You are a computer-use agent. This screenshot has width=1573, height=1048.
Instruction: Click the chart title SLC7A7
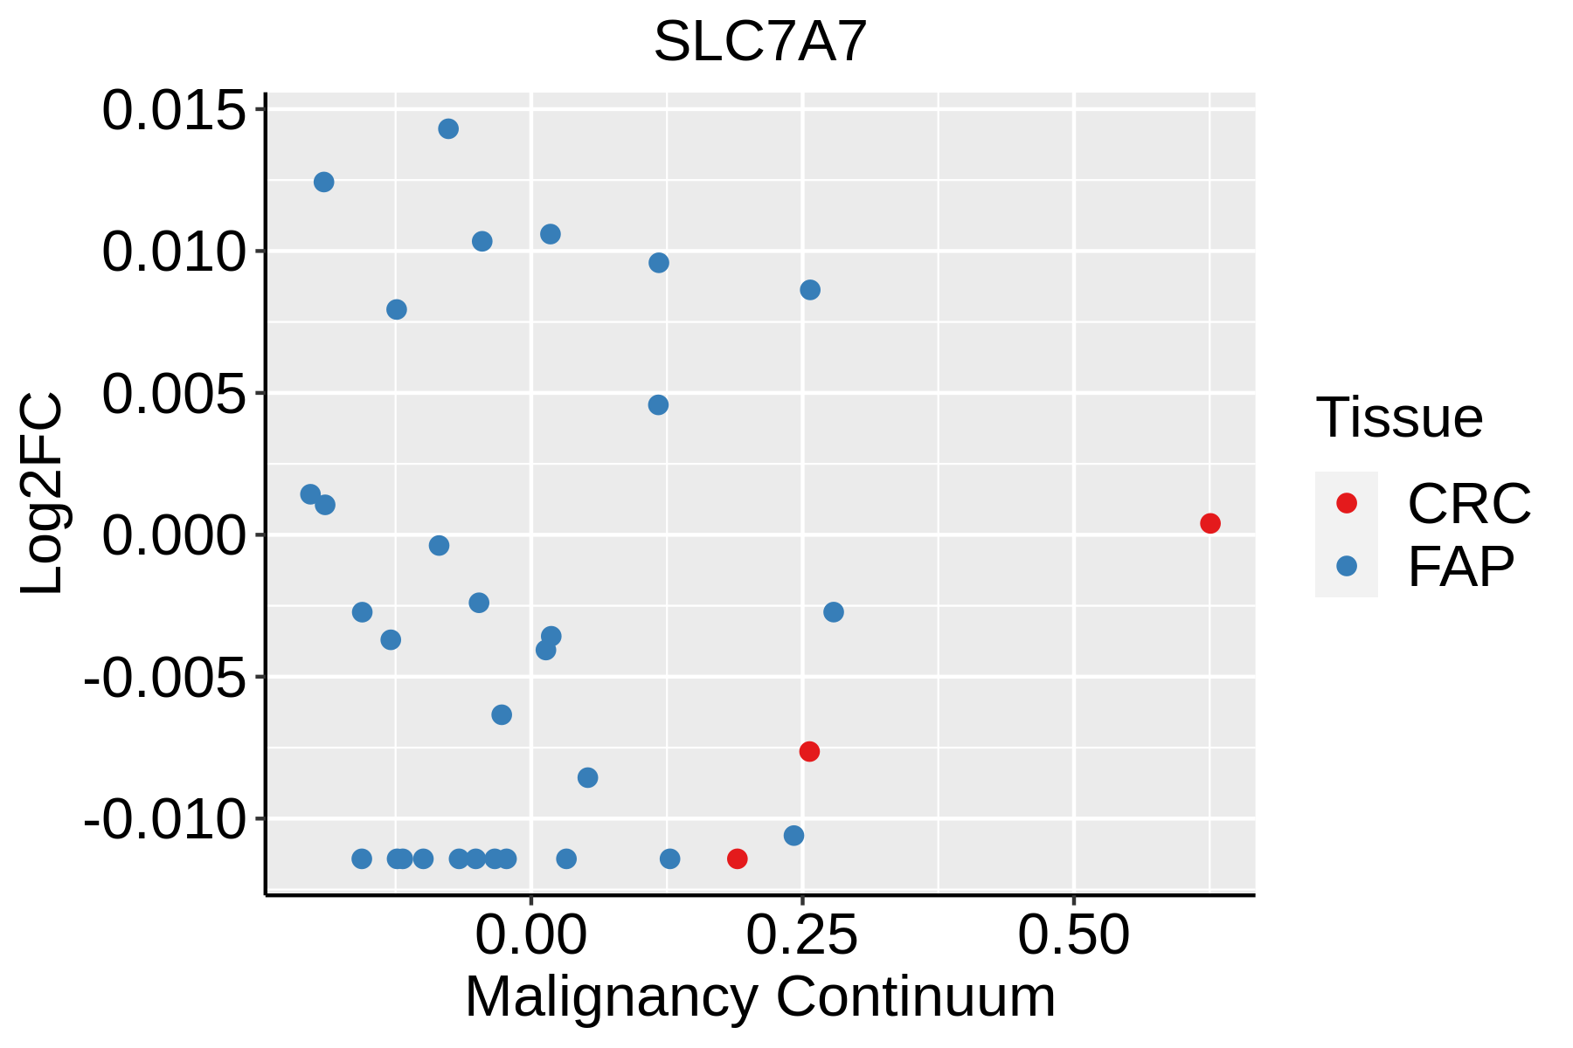click(760, 42)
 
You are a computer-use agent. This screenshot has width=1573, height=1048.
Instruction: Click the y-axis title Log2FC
click(42, 493)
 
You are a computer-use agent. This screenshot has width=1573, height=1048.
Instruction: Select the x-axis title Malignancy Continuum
click(760, 997)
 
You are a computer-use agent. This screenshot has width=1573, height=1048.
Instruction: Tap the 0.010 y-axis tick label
click(175, 252)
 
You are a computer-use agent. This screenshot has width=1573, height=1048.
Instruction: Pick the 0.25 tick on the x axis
click(801, 936)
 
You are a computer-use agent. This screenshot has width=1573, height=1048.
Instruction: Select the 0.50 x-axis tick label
click(1073, 936)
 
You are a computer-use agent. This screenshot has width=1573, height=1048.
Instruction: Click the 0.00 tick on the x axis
click(530, 936)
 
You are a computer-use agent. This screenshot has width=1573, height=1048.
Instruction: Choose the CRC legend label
click(1469, 504)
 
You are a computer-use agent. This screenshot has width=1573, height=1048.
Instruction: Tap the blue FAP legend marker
click(1347, 566)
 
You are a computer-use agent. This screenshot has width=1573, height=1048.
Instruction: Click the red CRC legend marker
click(1347, 503)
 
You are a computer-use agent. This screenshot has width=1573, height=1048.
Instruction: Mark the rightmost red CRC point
click(1210, 523)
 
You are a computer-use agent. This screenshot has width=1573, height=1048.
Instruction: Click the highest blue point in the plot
click(448, 129)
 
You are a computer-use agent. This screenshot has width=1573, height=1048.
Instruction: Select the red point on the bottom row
click(738, 858)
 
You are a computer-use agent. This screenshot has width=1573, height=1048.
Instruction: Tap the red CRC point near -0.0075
click(809, 751)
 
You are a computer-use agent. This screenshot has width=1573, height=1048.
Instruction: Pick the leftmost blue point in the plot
click(310, 494)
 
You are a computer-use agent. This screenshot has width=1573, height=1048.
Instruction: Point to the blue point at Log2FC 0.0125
click(324, 182)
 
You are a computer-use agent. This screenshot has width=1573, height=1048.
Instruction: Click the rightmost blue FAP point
click(834, 612)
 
